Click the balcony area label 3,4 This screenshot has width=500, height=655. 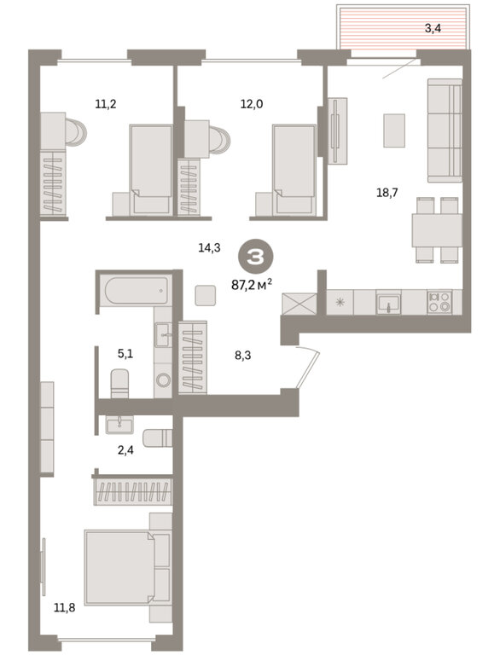(433, 29)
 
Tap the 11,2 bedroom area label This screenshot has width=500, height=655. (105, 104)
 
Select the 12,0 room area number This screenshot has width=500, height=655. (252, 104)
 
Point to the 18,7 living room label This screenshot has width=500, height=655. (387, 193)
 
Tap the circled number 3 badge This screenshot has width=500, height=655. (255, 258)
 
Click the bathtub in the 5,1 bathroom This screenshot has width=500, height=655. (137, 290)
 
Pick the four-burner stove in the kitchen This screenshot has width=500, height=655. (439, 302)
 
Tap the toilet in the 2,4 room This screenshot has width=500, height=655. (158, 438)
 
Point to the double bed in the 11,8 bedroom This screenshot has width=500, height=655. (127, 567)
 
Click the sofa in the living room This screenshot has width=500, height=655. (445, 130)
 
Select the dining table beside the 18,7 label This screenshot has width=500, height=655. (437, 230)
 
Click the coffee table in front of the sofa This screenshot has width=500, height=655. (394, 130)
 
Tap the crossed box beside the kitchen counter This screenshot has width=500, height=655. (299, 304)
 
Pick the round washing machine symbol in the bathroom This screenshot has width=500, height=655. (163, 380)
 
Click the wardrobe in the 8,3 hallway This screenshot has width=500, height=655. (193, 357)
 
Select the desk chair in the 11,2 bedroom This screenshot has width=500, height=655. (75, 130)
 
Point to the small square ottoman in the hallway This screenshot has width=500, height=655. (206, 295)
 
